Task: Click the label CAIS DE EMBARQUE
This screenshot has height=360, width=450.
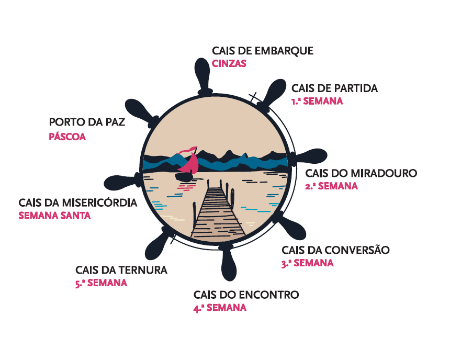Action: [x=263, y=51]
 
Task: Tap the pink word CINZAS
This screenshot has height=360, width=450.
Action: [x=229, y=63]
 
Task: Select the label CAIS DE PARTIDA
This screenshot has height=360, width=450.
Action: [x=334, y=88]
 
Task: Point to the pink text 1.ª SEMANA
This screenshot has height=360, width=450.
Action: [x=317, y=101]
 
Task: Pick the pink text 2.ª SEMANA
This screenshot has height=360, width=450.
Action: [x=332, y=186]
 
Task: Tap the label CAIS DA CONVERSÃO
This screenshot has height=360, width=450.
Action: [x=335, y=250]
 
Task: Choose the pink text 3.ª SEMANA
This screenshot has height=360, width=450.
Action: [x=307, y=263]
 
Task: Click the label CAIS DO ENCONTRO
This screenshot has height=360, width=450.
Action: [x=246, y=295]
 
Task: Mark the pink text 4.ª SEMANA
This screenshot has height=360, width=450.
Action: [x=220, y=308]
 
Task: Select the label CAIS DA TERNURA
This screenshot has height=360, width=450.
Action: [x=121, y=270]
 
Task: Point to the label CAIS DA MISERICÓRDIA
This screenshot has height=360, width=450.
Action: [x=77, y=202]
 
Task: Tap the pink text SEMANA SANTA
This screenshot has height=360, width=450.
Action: [x=54, y=215]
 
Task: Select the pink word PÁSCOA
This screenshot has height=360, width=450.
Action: [x=67, y=138]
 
